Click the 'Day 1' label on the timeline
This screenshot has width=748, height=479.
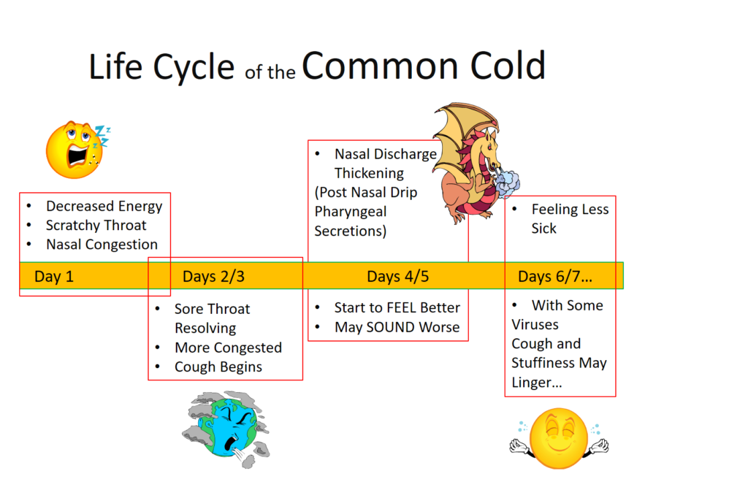(54, 277)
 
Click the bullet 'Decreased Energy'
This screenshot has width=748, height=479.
(104, 206)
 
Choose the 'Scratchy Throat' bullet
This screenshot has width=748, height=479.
(96, 225)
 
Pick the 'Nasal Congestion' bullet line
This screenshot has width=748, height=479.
(102, 245)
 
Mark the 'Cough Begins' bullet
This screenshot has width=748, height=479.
(218, 367)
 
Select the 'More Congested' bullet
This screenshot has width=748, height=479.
(228, 348)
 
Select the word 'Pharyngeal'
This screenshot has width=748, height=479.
(351, 212)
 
